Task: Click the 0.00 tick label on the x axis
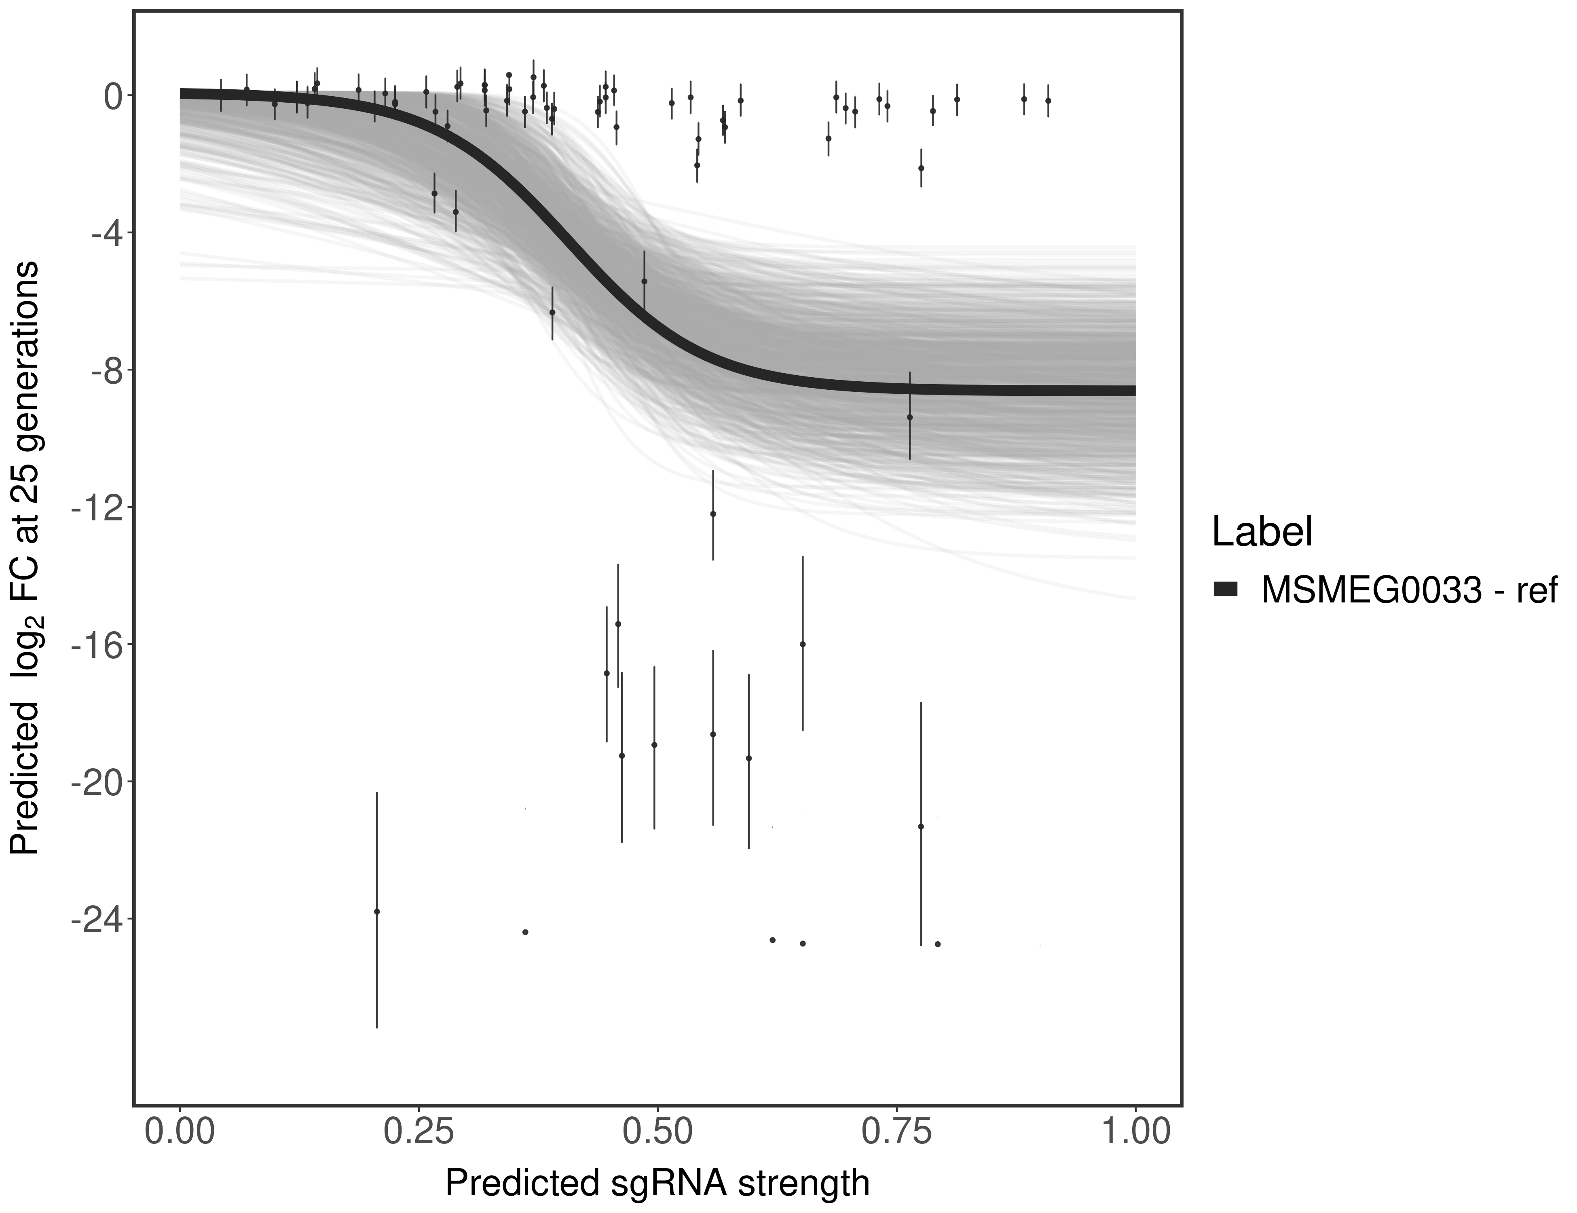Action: click(x=180, y=1131)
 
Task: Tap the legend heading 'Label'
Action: click(x=1262, y=532)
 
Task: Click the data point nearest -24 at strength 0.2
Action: click(x=376, y=912)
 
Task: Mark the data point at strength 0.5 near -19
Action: click(x=654, y=744)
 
